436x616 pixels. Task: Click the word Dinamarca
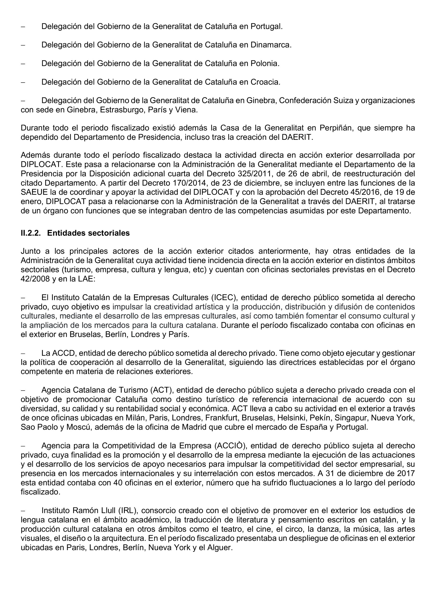point(271,45)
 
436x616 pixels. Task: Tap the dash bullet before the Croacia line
point(23,82)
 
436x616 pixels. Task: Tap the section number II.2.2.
point(31,233)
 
